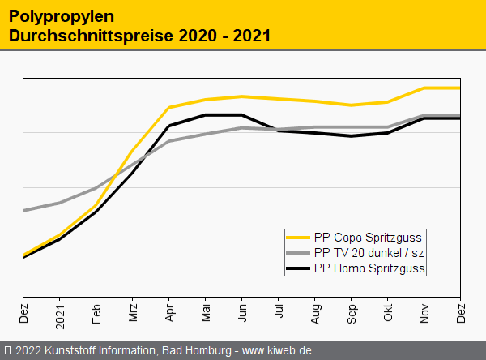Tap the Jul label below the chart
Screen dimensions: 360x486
279,313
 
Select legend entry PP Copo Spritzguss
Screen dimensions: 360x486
369,237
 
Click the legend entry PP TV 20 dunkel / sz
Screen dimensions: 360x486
369,252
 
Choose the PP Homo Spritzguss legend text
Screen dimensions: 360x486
369,268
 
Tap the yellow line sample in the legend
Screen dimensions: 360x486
298,237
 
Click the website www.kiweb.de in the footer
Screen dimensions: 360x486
277,351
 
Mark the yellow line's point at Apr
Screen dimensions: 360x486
169,107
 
